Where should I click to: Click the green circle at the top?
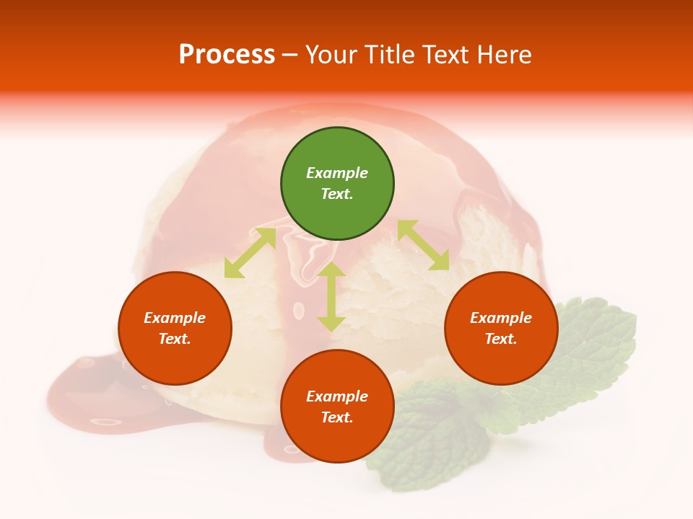(337, 184)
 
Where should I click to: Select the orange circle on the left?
(175, 328)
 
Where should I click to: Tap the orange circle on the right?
(501, 328)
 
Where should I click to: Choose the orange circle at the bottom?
(337, 407)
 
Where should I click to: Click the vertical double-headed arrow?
(331, 296)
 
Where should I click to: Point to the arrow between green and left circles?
(250, 253)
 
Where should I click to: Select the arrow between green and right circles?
(423, 245)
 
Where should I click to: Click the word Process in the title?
(227, 55)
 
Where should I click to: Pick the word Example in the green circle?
(337, 173)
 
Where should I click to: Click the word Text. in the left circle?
(175, 339)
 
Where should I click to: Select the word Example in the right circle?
(501, 318)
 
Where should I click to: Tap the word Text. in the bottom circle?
(337, 417)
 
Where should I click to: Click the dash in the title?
(290, 55)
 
